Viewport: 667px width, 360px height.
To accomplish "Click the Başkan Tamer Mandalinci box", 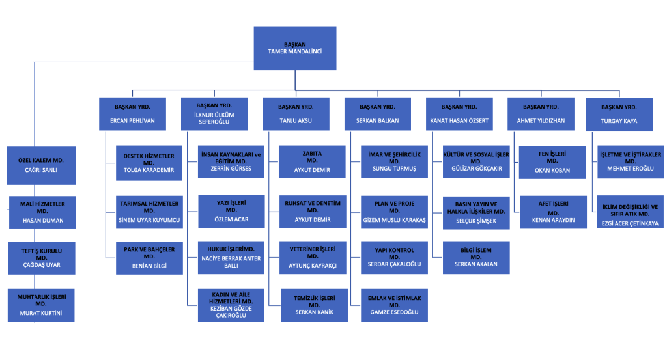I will coord(294,48).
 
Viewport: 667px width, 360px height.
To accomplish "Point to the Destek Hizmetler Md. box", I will coord(149,161).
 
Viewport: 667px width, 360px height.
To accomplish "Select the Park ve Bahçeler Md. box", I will coord(149,256).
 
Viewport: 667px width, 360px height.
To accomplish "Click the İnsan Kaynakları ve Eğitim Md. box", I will coord(231,161).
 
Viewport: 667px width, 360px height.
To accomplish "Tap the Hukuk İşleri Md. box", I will coord(231,256).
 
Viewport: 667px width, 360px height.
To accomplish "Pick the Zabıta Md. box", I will coord(313,161).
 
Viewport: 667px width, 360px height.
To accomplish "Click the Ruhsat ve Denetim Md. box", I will coord(313,211).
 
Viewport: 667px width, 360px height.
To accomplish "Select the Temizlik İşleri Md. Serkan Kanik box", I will coord(313,305).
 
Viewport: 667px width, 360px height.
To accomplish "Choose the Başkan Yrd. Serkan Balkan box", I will coord(377,114).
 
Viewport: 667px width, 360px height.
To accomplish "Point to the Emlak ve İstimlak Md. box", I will coord(394,305).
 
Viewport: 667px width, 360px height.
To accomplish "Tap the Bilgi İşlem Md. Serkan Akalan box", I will coord(475,256).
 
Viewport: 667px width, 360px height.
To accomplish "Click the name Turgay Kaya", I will coord(619,121).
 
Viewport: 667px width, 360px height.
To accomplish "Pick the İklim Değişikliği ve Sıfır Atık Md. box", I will coord(629,214).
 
